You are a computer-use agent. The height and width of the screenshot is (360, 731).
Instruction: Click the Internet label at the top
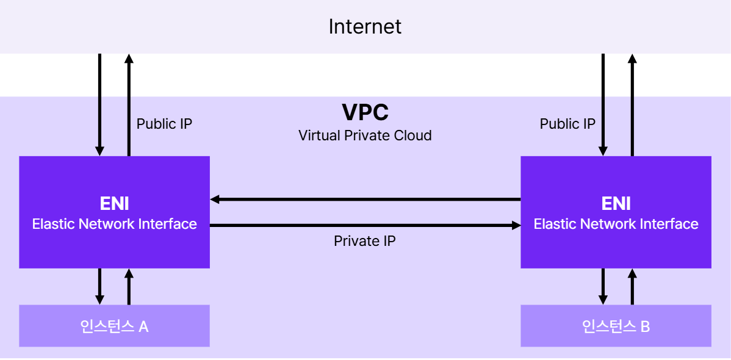pyautogui.click(x=365, y=27)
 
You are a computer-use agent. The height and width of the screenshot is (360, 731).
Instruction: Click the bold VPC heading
pyautogui.click(x=365, y=113)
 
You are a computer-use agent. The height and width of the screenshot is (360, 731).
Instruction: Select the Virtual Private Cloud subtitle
pyautogui.click(x=365, y=135)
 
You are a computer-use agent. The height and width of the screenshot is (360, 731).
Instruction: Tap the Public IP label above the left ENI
pyautogui.click(x=164, y=124)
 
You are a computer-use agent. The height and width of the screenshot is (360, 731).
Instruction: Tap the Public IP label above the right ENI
pyautogui.click(x=567, y=124)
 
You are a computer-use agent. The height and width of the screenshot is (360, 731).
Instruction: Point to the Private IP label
pyautogui.click(x=365, y=241)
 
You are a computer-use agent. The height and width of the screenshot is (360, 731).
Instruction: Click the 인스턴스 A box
pyautogui.click(x=114, y=326)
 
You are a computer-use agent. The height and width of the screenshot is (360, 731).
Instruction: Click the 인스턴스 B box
pyautogui.click(x=616, y=326)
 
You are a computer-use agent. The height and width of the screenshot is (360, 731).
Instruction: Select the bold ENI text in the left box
pyautogui.click(x=114, y=203)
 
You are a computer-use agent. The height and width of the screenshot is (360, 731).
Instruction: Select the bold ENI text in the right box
pyautogui.click(x=616, y=203)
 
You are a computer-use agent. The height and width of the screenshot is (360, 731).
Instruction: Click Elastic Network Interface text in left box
pyautogui.click(x=114, y=224)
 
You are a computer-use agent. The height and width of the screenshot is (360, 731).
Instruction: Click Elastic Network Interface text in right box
pyautogui.click(x=616, y=224)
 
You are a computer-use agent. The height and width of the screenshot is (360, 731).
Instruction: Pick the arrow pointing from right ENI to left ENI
pyautogui.click(x=365, y=199)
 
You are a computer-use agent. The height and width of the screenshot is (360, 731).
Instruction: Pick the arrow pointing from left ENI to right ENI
pyautogui.click(x=365, y=226)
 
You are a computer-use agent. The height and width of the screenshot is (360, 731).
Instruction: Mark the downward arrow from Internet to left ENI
pyautogui.click(x=100, y=104)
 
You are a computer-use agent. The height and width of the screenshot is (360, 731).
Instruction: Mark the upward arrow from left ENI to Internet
pyautogui.click(x=129, y=104)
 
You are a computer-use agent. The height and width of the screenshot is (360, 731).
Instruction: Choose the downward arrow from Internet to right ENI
pyautogui.click(x=603, y=104)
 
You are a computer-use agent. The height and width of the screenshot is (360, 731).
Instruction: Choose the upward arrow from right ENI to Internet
pyautogui.click(x=632, y=104)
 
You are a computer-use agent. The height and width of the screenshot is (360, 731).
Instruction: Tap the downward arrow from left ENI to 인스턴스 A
pyautogui.click(x=100, y=286)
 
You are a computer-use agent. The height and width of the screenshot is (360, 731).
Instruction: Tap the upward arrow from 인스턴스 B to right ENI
pyautogui.click(x=632, y=286)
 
